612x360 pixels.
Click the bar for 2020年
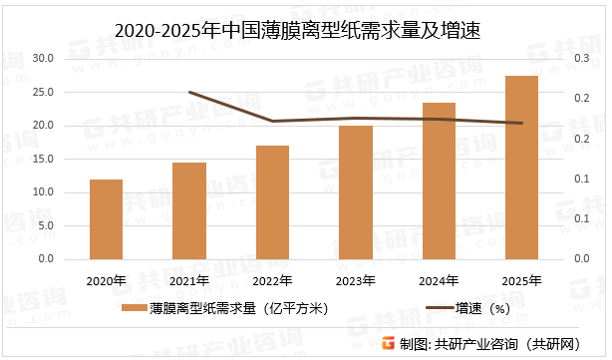click(106, 219)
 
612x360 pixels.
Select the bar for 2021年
click(188, 210)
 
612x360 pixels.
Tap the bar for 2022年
click(272, 202)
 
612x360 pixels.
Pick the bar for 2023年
click(355, 192)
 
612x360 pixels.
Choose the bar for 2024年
click(439, 180)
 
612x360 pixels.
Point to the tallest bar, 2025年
click(521, 168)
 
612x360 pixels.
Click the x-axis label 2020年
click(106, 279)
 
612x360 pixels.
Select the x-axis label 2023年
click(355, 279)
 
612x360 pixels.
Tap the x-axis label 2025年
click(521, 279)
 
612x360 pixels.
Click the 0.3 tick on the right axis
click(580, 59)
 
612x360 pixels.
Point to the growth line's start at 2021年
click(189, 93)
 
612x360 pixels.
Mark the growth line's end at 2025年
click(521, 124)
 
